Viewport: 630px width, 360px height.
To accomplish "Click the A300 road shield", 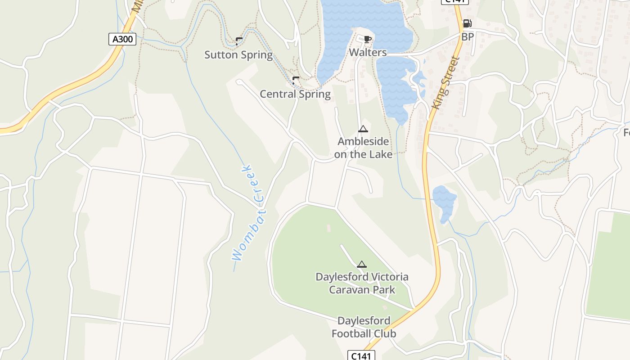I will point(122,39).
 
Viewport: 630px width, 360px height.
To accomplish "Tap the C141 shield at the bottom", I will point(361,355).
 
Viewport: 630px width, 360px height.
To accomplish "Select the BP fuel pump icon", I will point(467,24).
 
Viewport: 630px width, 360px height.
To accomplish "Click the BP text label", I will point(468,37).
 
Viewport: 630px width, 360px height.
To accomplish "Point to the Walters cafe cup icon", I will point(367,39).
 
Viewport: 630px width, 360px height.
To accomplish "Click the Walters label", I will point(368,52).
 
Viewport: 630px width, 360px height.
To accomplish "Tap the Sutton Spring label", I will point(238,55).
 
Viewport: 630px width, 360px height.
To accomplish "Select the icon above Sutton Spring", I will point(238,41).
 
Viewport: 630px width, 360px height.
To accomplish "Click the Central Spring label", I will point(295,94).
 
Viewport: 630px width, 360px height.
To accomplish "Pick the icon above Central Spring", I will point(295,80).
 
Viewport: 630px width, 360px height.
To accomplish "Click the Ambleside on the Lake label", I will point(363,148).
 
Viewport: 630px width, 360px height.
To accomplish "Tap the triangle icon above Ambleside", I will point(363,129).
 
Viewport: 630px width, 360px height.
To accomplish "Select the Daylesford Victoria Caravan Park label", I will point(362,283).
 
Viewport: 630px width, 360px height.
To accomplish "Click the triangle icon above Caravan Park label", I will point(361,264).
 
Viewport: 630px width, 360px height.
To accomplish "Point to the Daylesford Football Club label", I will point(364,327).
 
